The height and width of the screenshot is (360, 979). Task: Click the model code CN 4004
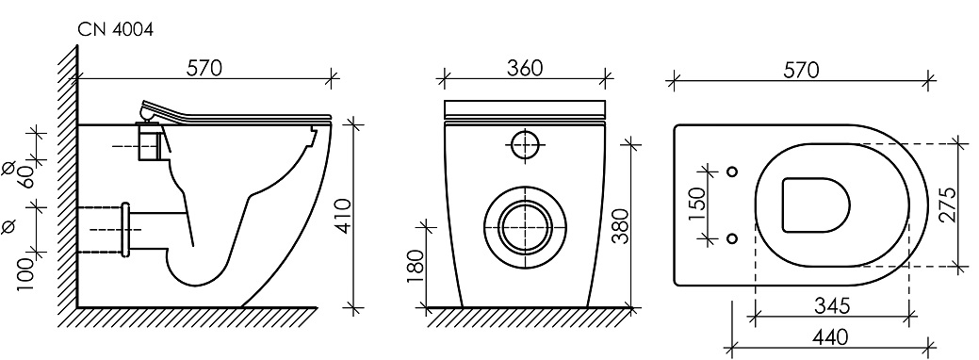116,29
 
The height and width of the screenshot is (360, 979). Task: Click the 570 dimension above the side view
204,68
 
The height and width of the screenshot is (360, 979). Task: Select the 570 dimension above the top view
801,71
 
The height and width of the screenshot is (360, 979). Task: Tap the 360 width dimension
525,68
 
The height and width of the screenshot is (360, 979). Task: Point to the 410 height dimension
344,216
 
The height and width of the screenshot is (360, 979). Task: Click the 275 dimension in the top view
949,205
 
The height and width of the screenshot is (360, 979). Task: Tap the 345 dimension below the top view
832,305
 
